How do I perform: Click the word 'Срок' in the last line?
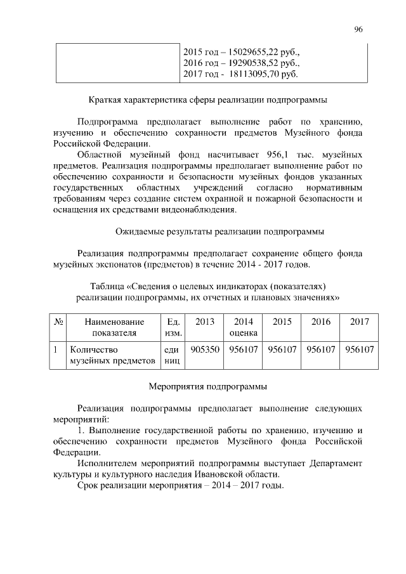click(89, 486)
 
